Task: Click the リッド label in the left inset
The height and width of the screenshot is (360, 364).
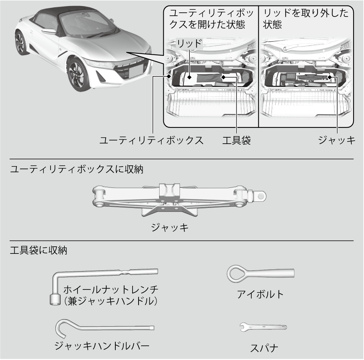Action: pos(189,43)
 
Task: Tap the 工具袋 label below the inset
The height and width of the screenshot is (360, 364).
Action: pos(236,140)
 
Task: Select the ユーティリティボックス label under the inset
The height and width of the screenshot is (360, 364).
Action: pos(151,140)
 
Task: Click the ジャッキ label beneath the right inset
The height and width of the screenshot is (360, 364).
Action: pos(337,140)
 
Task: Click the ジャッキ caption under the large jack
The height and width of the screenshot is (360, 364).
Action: pos(170,227)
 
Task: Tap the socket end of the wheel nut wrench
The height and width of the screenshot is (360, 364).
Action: pos(55,300)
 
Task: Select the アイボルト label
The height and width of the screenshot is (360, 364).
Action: pos(260,294)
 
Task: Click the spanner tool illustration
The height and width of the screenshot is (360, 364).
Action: pos(263,327)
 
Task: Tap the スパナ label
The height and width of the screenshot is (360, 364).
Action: pos(264,348)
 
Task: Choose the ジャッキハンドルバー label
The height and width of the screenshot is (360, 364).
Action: pos(102,346)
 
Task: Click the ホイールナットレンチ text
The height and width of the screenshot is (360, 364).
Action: pos(111,289)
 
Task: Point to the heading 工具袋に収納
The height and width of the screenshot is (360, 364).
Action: pos(39,250)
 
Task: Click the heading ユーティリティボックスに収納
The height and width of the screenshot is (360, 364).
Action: pos(77,169)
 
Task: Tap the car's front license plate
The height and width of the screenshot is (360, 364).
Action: pos(136,70)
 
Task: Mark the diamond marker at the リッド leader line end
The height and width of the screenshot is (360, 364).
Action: pos(189,77)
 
